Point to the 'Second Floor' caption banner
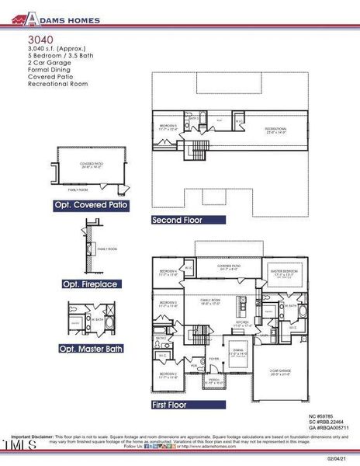tap(177, 220)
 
